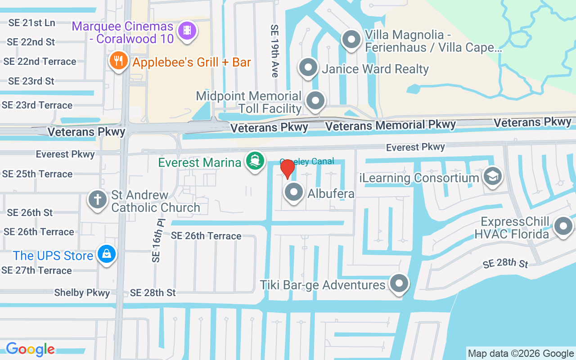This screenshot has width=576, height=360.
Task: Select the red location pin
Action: tap(287, 169)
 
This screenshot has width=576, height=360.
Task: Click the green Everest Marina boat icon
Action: tap(255, 161)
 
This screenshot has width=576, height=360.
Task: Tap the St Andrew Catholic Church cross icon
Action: tap(97, 199)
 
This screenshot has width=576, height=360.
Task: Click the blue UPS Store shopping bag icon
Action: tap(107, 254)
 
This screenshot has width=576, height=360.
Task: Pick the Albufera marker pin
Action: tap(294, 192)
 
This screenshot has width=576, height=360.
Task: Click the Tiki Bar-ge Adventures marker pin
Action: tap(399, 284)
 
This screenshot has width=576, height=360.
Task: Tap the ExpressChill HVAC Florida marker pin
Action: tap(562, 227)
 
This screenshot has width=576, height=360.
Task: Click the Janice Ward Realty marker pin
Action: tap(308, 68)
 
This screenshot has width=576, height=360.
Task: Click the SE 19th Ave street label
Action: tap(274, 51)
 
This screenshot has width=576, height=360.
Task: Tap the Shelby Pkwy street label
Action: tap(82, 293)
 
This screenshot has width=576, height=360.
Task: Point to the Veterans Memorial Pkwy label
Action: tap(391, 125)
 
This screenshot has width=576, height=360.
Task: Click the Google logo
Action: tap(30, 349)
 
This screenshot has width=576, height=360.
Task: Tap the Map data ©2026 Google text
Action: tap(521, 354)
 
